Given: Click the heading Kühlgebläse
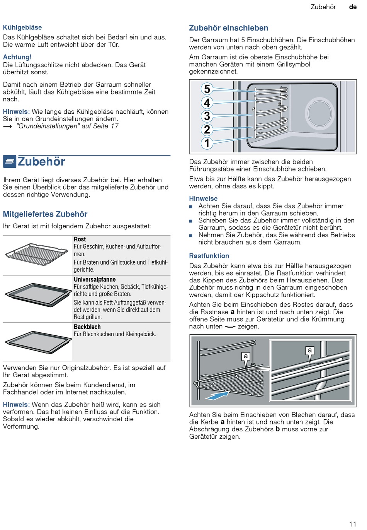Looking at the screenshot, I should pyautogui.click(x=22, y=27).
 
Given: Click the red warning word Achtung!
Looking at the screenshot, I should pyautogui.click(x=17, y=57).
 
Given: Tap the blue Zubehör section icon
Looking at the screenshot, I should pyautogui.click(x=10, y=161).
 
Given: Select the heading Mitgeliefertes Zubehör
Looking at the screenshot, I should pyautogui.click(x=45, y=214).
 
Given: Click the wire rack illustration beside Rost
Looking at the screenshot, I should pyautogui.click(x=37, y=254).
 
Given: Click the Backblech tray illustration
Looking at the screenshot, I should pyautogui.click(x=38, y=341).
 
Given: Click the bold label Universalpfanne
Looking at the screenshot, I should pyautogui.click(x=95, y=279).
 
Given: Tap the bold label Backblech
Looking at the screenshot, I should pyautogui.click(x=87, y=327).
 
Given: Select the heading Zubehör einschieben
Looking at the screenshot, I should pyautogui.click(x=229, y=28).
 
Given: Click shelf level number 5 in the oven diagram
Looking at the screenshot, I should pyautogui.click(x=207, y=89).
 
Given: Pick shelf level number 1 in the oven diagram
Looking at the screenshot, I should pyautogui.click(x=207, y=143).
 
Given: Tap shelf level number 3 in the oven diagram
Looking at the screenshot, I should pyautogui.click(x=207, y=116).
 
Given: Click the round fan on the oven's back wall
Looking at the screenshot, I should pyautogui.click(x=319, y=113).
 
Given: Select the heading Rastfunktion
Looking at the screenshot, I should pyautogui.click(x=209, y=256).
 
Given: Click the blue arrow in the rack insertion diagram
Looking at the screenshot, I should pyautogui.click(x=216, y=395).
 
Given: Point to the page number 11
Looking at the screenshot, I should pyautogui.click(x=352, y=524).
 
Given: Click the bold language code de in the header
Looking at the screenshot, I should pyautogui.click(x=353, y=7).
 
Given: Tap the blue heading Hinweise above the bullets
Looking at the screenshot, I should pyautogui.click(x=203, y=198).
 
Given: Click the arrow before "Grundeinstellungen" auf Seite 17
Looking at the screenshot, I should pyautogui.click(x=8, y=127).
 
